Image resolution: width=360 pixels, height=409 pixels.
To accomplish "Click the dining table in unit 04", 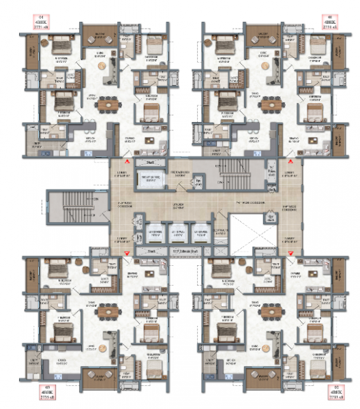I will (x=106, y=106).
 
